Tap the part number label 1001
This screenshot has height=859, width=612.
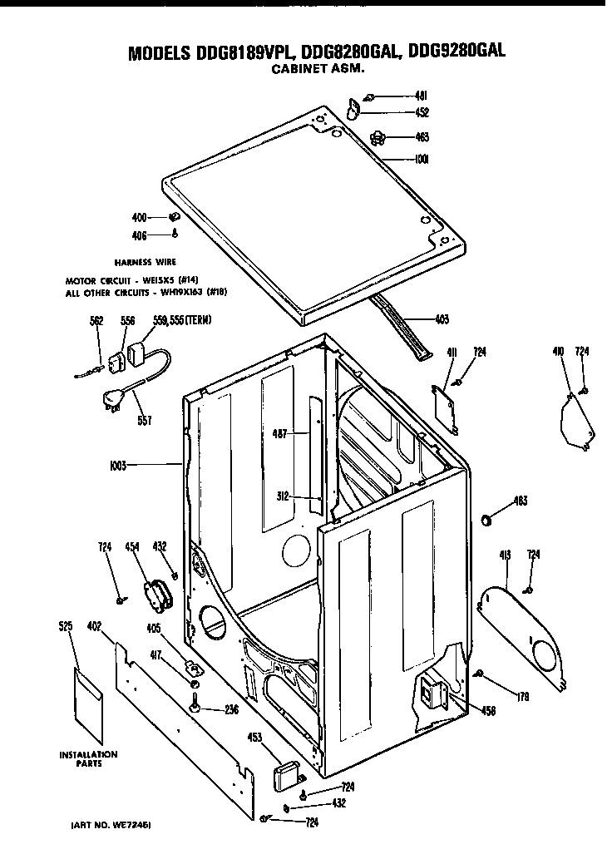(421, 160)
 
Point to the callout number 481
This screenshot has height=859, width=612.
(422, 96)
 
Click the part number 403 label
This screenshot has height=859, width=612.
(442, 318)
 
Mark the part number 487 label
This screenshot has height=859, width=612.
(279, 432)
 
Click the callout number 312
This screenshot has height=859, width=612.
(282, 496)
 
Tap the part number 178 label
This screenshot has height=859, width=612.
(522, 696)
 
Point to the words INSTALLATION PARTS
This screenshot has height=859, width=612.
(87, 758)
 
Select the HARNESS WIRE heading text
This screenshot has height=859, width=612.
(151, 261)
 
